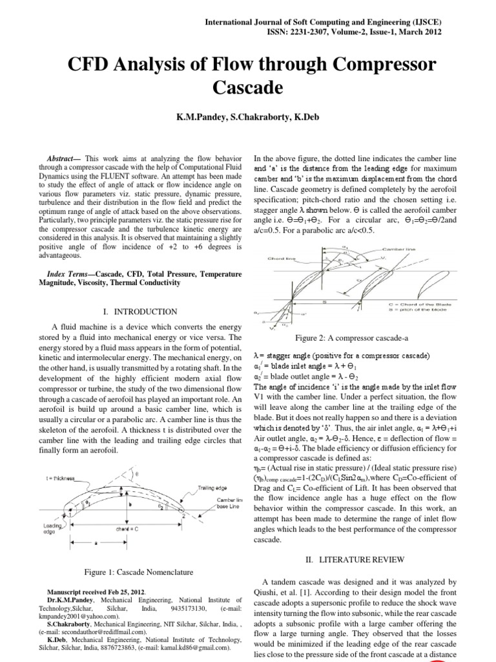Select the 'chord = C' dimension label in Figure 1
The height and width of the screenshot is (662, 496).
129,528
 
